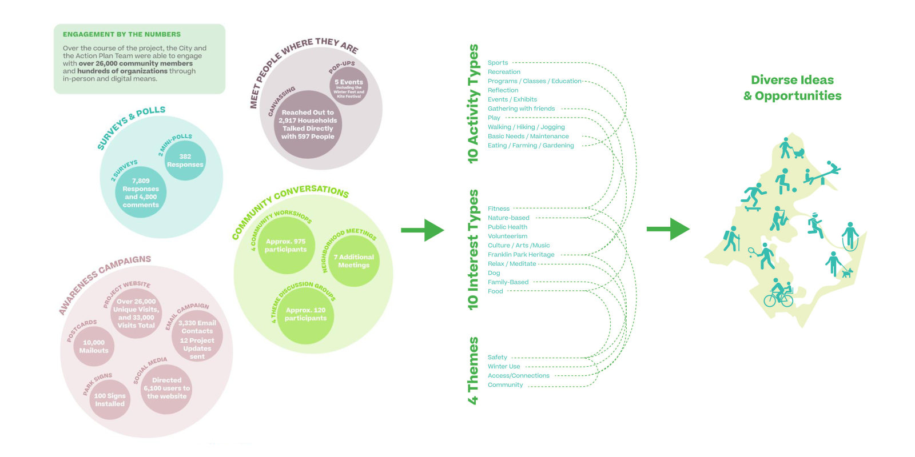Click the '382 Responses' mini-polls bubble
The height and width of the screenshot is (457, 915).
[185, 161]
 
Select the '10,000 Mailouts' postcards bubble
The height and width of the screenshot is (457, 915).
[94, 346]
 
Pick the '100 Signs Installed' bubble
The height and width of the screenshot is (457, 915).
[110, 400]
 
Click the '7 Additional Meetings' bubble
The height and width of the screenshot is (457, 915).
[354, 261]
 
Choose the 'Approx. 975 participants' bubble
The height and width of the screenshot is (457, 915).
[286, 246]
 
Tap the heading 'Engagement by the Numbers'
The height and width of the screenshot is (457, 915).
[122, 34]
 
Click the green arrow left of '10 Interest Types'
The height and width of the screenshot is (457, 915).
[422, 230]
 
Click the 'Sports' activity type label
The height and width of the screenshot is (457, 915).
[498, 63]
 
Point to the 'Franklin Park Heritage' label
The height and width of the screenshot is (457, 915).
[521, 255]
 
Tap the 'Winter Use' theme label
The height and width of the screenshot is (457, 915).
[504, 367]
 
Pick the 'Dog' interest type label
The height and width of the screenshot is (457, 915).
[494, 273]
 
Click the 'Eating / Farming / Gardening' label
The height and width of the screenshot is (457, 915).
[531, 146]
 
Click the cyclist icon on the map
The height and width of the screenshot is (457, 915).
[779, 293]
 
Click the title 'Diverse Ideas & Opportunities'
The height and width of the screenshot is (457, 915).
[793, 88]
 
